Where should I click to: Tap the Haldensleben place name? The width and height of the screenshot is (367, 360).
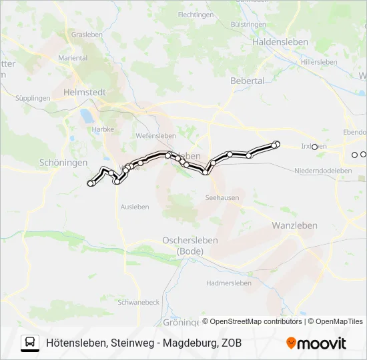point(280,41)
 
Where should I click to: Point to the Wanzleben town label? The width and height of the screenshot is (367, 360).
point(294,225)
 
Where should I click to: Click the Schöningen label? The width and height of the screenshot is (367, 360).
point(63,162)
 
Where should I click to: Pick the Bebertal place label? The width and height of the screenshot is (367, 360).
point(247,81)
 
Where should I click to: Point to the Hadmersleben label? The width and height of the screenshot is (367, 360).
point(228,283)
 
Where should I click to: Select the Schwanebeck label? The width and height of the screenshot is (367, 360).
point(138,302)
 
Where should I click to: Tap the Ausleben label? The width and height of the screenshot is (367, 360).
point(135,207)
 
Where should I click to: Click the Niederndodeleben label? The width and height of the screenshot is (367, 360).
point(323,171)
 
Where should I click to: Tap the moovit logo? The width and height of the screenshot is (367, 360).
point(316,343)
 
